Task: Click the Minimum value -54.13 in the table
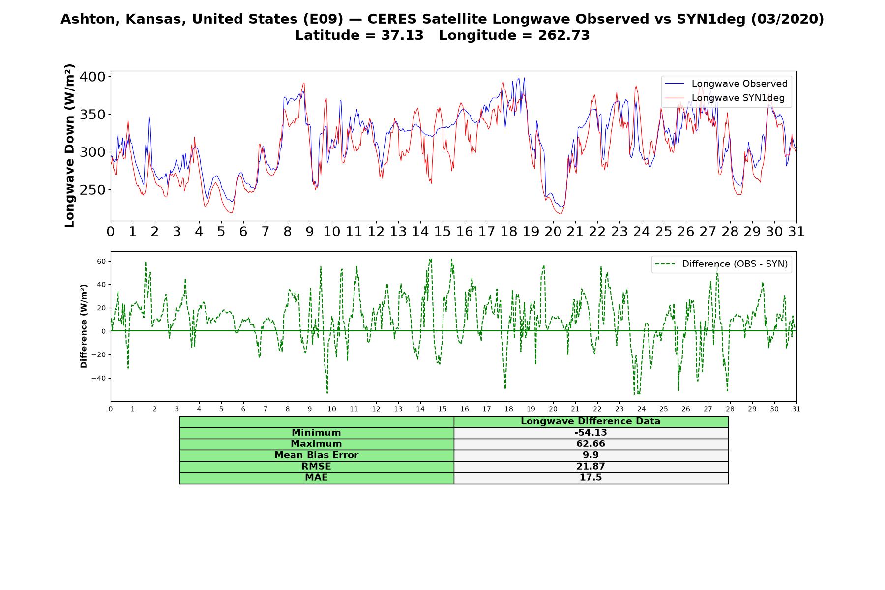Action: tap(590, 433)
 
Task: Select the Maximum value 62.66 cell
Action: tap(590, 444)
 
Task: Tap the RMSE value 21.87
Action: tap(590, 467)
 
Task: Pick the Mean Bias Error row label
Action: tap(316, 455)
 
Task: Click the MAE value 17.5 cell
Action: tap(590, 478)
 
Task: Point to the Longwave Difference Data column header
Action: tap(590, 421)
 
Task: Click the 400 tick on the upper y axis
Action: tap(92, 77)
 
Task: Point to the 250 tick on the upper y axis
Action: tap(92, 190)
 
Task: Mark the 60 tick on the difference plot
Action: tap(101, 261)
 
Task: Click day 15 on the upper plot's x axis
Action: tap(442, 232)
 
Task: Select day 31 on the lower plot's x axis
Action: tap(796, 409)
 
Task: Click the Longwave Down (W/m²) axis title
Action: tap(70, 146)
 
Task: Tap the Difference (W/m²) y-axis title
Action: tap(84, 326)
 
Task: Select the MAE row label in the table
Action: tap(316, 478)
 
